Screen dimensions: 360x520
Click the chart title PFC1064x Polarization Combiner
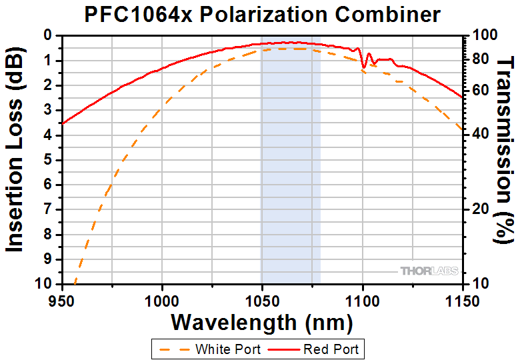pos(263,14)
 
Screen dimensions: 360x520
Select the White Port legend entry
pos(213,349)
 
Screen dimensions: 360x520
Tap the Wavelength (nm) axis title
pos(261,323)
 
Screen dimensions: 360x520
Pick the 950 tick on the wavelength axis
pos(62,301)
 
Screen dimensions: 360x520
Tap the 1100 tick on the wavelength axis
pos(362,301)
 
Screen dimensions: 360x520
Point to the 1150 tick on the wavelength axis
pos(462,301)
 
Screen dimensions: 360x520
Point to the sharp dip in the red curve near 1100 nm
pos(363,66)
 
